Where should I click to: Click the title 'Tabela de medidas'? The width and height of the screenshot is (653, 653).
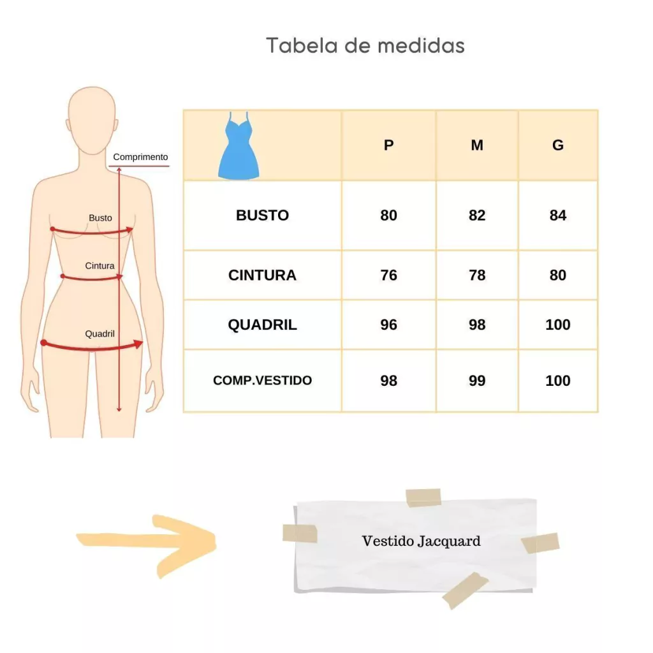pyautogui.click(x=365, y=45)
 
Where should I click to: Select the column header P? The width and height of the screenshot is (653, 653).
pyautogui.click(x=388, y=145)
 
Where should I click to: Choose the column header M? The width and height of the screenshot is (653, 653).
pyautogui.click(x=477, y=145)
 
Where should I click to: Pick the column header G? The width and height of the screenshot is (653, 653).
pyautogui.click(x=557, y=145)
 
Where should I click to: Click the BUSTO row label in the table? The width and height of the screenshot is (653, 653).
pyautogui.click(x=262, y=216)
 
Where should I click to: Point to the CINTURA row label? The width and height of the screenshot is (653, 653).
pyautogui.click(x=262, y=275)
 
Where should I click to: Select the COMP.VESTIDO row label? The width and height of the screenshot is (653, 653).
pyautogui.click(x=262, y=380)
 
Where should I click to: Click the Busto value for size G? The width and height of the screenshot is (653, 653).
pyautogui.click(x=557, y=216)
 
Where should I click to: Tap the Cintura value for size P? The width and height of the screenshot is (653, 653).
pyautogui.click(x=388, y=275)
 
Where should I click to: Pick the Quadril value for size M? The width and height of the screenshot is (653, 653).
pyautogui.click(x=477, y=325)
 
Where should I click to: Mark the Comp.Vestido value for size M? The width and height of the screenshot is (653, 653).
pyautogui.click(x=477, y=381)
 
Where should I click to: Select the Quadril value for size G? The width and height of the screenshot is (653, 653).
pyautogui.click(x=557, y=325)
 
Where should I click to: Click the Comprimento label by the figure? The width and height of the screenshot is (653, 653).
pyautogui.click(x=140, y=157)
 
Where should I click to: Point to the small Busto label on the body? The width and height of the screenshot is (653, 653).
pyautogui.click(x=100, y=218)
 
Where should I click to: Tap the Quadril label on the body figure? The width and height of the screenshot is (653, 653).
pyautogui.click(x=99, y=334)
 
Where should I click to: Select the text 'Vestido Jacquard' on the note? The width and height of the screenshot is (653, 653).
pyautogui.click(x=421, y=541)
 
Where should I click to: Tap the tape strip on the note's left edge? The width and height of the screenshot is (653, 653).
pyautogui.click(x=300, y=534)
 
